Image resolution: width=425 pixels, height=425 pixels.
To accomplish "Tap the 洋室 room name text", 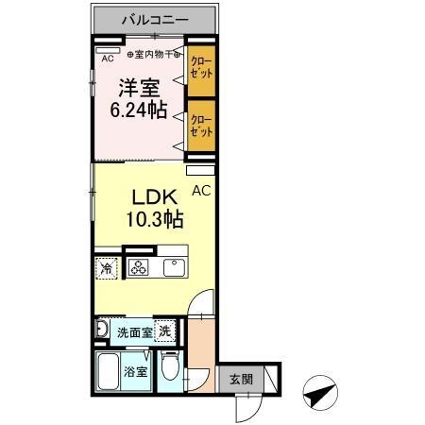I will pyautogui.click(x=139, y=89).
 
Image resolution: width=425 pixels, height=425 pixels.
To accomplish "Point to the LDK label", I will pyautogui.click(x=151, y=199).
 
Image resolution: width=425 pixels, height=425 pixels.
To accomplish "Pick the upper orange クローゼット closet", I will pyautogui.click(x=199, y=71).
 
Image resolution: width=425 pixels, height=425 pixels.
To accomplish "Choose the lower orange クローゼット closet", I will pyautogui.click(x=199, y=125).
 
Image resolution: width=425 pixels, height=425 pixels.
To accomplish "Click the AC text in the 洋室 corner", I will pyautogui.click(x=108, y=58).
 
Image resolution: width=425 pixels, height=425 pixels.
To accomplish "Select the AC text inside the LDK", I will pyautogui.click(x=200, y=190).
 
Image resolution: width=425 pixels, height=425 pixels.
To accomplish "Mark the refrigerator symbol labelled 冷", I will pyautogui.click(x=106, y=268).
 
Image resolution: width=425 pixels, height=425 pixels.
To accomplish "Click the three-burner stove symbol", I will pyautogui.click(x=139, y=268).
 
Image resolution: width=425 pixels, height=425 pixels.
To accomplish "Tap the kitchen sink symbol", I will pyautogui.click(x=176, y=267).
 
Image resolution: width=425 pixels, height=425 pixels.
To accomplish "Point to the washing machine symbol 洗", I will pyautogui.click(x=164, y=332).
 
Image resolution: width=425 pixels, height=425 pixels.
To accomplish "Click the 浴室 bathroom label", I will pyautogui.click(x=137, y=372).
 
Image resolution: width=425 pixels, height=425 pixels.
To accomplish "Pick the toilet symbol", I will pyautogui.click(x=171, y=366).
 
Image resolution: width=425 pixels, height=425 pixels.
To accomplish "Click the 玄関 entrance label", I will pyautogui.click(x=241, y=379).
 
